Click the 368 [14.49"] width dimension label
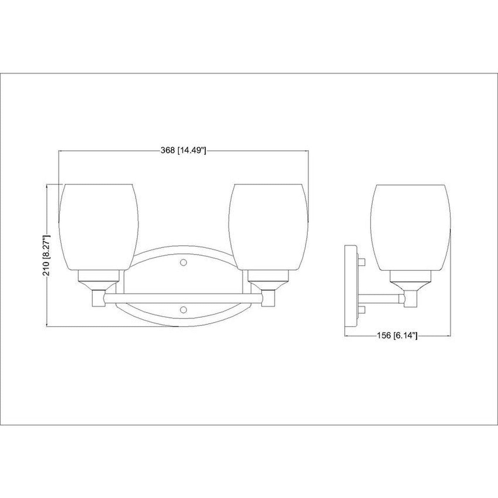pos(183,150)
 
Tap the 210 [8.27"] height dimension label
pos(47,255)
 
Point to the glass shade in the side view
pos(411,227)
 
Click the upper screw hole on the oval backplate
pos(184,263)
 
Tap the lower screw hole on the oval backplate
pos(184,310)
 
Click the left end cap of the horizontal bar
pos(99,298)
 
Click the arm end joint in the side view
pos(402,298)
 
